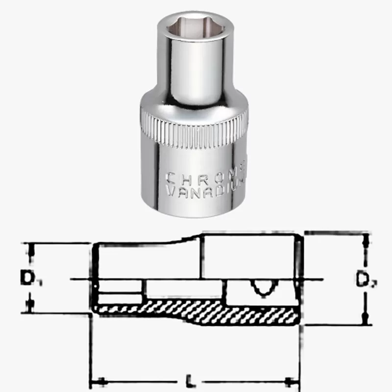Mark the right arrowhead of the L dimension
click(293, 381)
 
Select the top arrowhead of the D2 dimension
click(364, 241)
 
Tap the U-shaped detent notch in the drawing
click(263, 289)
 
